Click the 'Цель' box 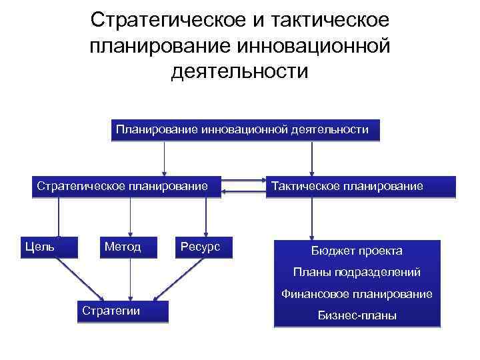click(x=39, y=247)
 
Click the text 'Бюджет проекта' click(x=357, y=251)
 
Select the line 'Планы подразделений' click(x=357, y=272)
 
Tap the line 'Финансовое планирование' click(x=357, y=293)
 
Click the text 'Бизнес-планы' click(x=357, y=315)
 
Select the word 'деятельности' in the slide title click(x=240, y=70)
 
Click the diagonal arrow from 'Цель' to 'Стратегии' click(x=79, y=279)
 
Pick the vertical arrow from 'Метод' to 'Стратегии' click(x=129, y=279)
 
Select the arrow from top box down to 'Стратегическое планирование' click(x=164, y=158)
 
